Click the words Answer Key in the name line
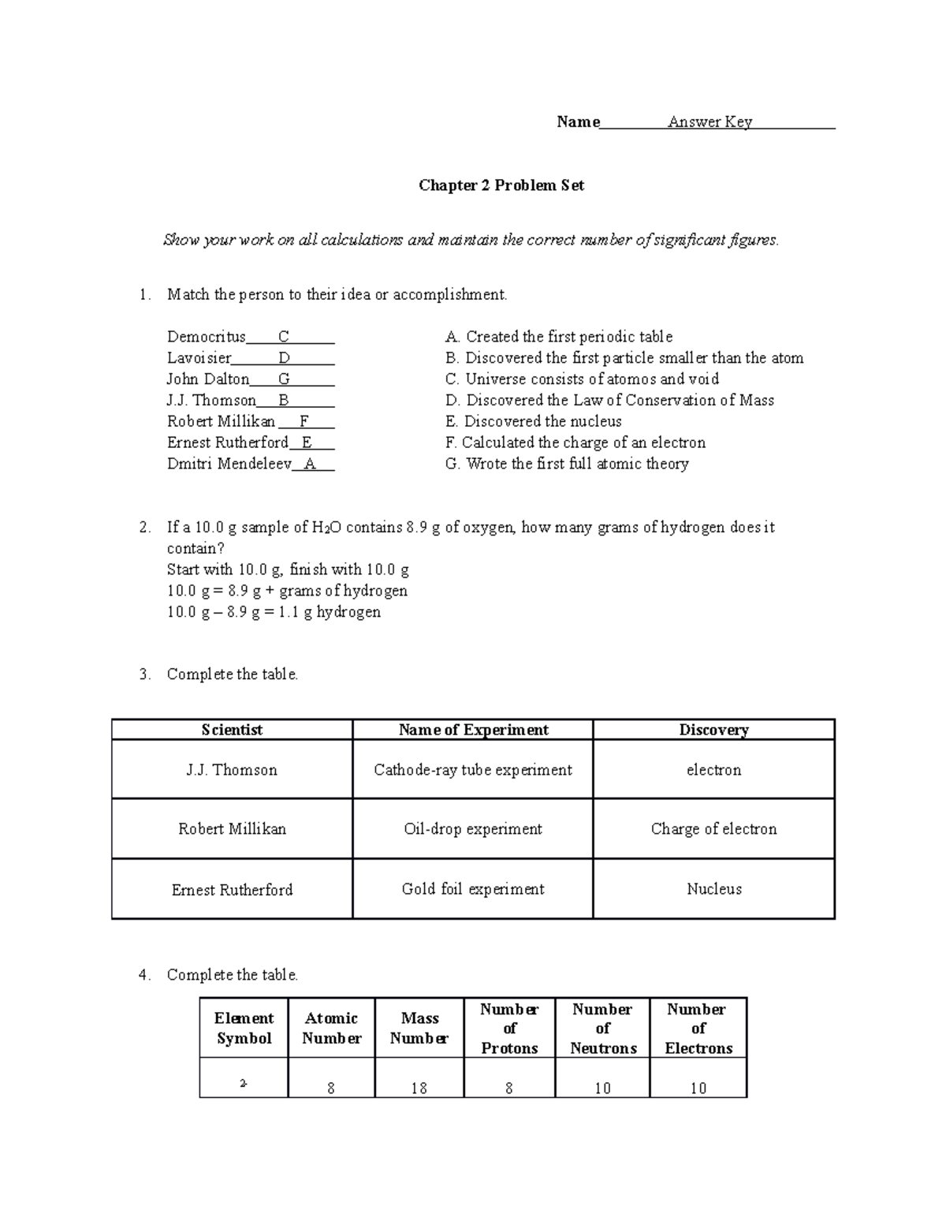tap(709, 121)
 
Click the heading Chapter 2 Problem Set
tap(501, 185)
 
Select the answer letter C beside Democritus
tap(284, 337)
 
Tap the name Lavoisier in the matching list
tap(199, 358)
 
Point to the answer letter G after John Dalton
tap(284, 379)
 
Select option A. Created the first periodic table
tap(558, 337)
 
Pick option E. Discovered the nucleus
tap(533, 421)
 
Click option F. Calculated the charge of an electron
tap(575, 443)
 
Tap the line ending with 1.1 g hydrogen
tap(274, 612)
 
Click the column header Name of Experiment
tap(473, 730)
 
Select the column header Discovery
tap(713, 730)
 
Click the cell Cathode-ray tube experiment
tap(473, 770)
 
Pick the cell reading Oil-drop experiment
tap(473, 829)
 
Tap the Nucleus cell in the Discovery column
tap(713, 889)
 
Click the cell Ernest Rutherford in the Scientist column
tap(232, 890)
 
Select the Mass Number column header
tap(419, 1029)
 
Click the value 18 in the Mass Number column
tap(419, 1088)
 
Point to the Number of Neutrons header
tap(603, 1029)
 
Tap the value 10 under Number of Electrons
tap(698, 1088)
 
